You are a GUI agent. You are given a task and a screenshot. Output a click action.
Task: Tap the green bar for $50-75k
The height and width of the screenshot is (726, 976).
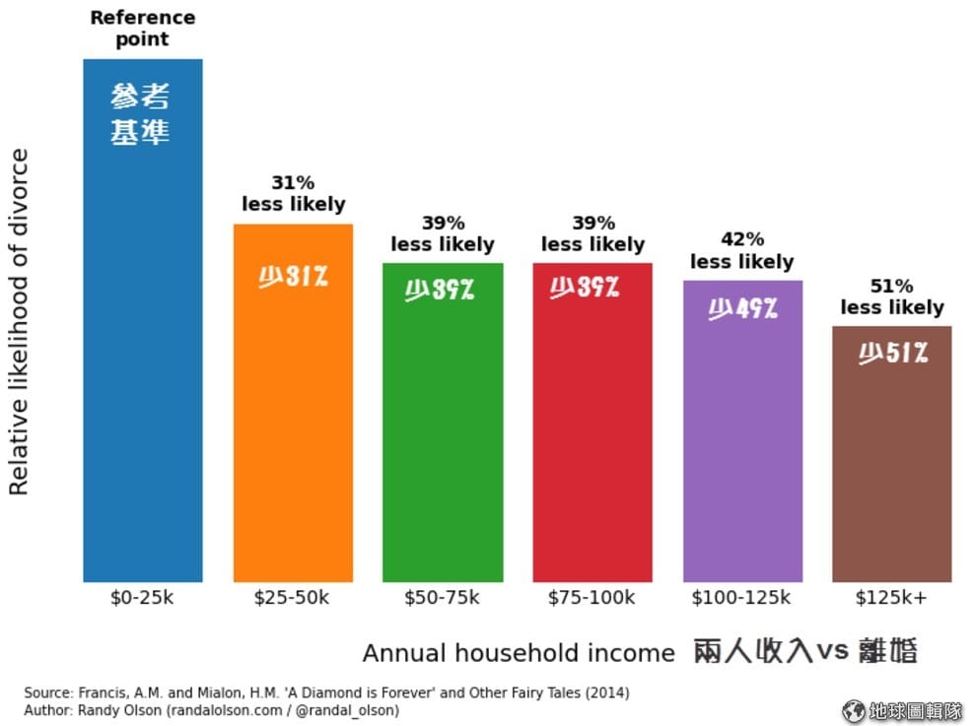point(443,443)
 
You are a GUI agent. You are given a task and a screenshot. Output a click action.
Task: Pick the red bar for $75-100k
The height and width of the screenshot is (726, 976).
point(593,443)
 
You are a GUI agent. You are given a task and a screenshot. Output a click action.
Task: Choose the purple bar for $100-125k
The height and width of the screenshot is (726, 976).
point(742,453)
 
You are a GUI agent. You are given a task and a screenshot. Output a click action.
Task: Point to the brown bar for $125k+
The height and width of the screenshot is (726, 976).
point(891,473)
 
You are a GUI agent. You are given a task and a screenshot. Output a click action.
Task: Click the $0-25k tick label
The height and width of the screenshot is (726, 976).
point(142,598)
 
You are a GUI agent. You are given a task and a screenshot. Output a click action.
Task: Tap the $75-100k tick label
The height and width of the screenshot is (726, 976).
point(592,598)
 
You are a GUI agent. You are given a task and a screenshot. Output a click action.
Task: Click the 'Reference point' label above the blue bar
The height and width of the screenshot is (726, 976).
point(142,28)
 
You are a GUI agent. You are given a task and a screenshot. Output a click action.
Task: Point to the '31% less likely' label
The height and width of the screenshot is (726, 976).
point(293,193)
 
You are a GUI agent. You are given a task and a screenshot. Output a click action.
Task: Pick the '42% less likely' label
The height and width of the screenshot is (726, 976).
point(741,250)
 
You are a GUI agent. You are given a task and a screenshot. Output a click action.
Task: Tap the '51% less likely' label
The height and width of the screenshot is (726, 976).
point(891,297)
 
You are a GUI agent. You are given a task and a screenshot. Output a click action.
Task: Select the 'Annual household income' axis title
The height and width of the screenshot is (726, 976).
point(519,653)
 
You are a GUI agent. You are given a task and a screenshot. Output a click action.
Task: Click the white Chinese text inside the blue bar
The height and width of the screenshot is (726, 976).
point(140,114)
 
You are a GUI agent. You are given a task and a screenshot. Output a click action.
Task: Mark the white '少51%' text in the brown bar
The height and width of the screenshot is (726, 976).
point(892,353)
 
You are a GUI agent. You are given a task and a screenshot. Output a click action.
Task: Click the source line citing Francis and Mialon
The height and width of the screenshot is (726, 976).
point(326,693)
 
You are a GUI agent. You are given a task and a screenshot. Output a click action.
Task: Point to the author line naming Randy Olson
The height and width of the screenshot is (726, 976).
point(211,709)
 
